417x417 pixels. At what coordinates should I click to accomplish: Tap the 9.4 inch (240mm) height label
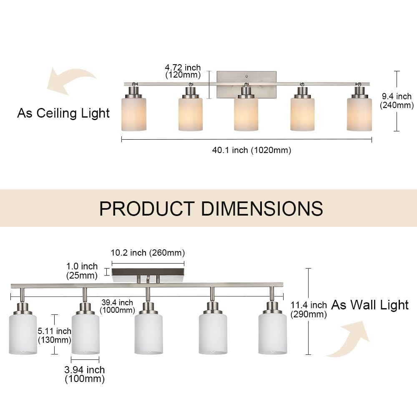(x=396, y=101)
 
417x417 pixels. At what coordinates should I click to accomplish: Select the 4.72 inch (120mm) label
(x=183, y=71)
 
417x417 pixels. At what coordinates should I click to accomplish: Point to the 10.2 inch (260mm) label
(x=148, y=253)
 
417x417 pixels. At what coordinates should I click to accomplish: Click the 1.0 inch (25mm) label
(x=82, y=271)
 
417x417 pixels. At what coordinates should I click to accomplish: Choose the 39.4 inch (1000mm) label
(x=118, y=306)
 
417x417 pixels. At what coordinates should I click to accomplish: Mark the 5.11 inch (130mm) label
(x=54, y=335)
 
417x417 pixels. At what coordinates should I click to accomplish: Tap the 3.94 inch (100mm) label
(x=85, y=374)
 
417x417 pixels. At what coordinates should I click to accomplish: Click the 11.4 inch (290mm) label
(x=309, y=310)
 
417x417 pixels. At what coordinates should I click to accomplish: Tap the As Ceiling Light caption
(x=63, y=113)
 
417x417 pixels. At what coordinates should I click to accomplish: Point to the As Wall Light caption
(x=370, y=305)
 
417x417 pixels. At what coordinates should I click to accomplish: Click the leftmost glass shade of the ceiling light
(x=134, y=114)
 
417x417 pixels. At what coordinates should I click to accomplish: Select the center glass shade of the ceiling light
(x=246, y=114)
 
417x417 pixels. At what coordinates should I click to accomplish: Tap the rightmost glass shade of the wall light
(x=272, y=334)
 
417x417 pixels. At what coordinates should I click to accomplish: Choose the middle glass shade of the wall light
(x=148, y=334)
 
